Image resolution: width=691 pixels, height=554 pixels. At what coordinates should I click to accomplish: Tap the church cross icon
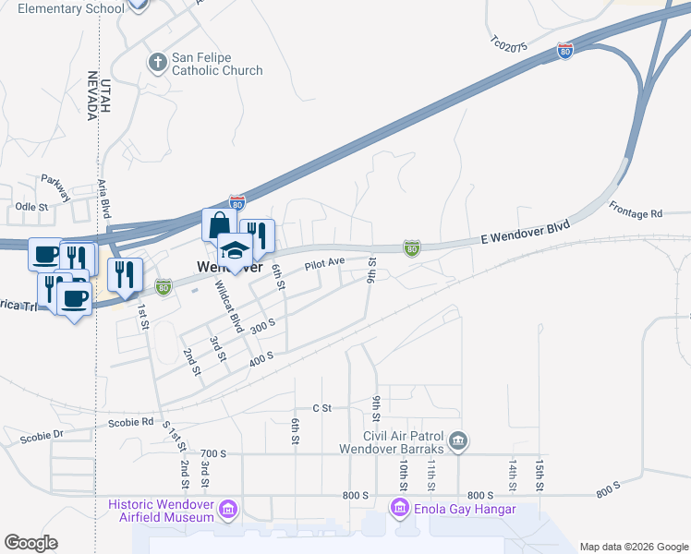click(x=156, y=63)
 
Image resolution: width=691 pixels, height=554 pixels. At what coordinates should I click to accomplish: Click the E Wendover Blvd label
click(x=524, y=232)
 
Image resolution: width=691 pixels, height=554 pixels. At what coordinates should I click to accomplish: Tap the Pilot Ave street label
click(x=324, y=264)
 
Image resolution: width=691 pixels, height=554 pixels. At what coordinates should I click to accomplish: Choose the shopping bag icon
click(x=219, y=225)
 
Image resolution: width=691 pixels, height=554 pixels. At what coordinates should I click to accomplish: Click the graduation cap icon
click(x=235, y=250)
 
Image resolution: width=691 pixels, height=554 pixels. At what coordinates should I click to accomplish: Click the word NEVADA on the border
click(x=91, y=95)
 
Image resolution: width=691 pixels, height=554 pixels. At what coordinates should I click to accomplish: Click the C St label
click(x=321, y=407)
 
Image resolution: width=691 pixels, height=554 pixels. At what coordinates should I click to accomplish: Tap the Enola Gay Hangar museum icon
click(x=400, y=508)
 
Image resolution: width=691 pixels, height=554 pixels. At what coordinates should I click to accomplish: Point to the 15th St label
click(x=539, y=474)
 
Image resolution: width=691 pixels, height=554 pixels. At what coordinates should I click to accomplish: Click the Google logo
click(x=30, y=543)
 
